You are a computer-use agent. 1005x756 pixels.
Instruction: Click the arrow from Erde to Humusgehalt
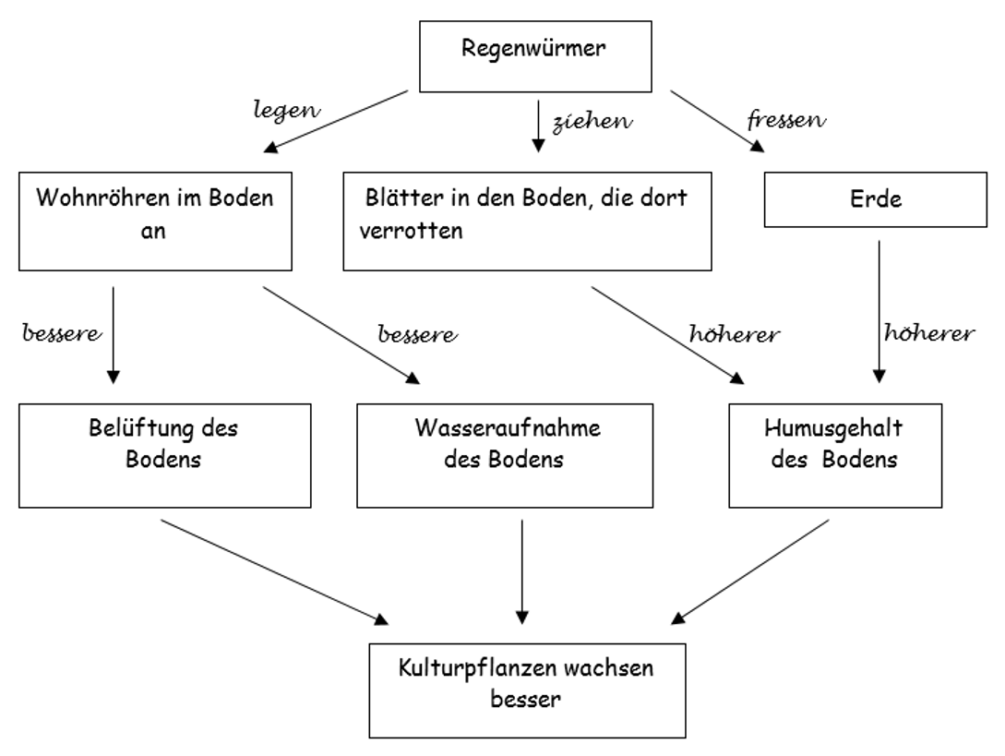pyautogui.click(x=879, y=314)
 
